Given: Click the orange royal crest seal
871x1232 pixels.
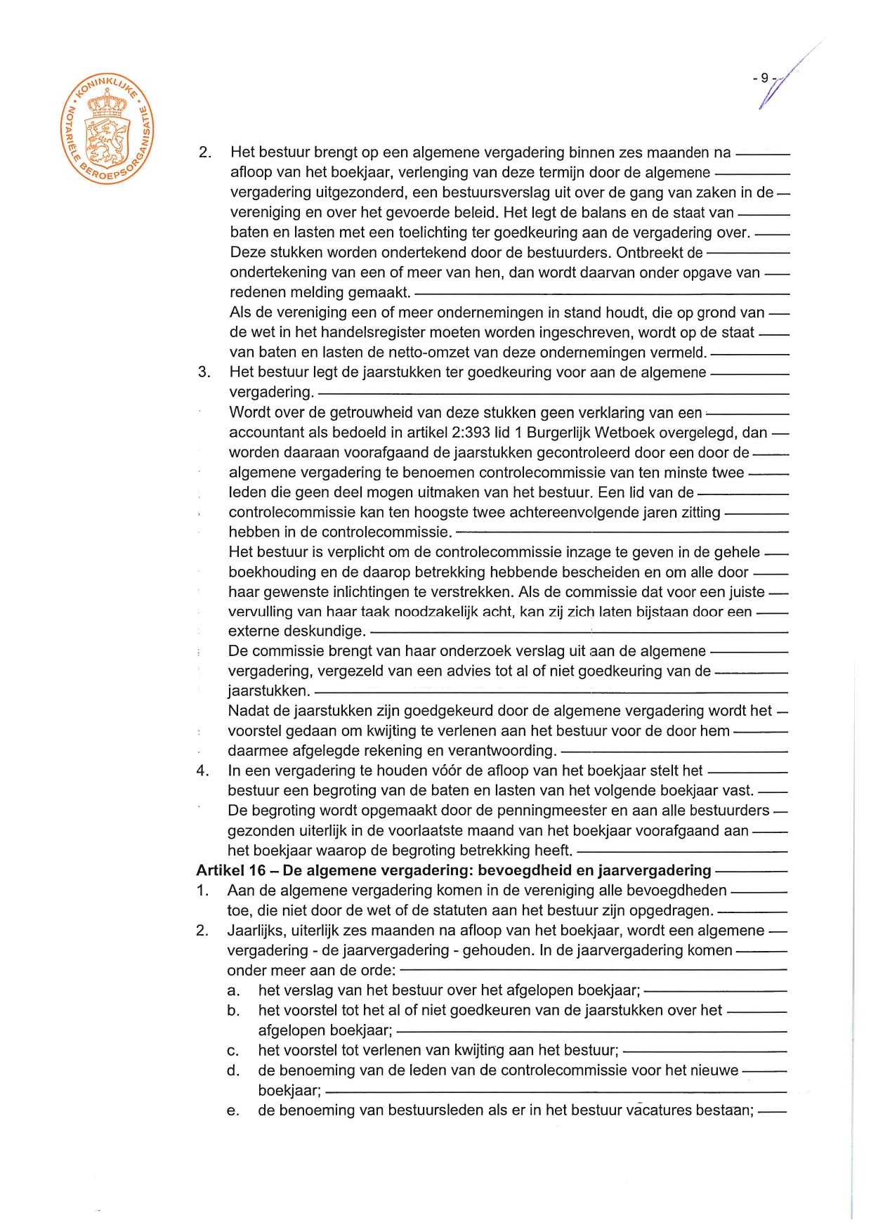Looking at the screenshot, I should (x=107, y=131).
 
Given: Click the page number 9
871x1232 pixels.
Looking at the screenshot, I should (x=765, y=79).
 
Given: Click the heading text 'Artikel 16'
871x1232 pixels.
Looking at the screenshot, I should (x=231, y=871).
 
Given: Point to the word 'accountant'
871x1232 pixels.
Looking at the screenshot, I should (x=266, y=433).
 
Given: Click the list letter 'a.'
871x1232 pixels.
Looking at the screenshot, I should (x=234, y=991).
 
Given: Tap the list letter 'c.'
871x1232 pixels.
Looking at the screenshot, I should (x=234, y=1051).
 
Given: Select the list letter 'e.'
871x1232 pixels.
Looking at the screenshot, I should (x=234, y=1110).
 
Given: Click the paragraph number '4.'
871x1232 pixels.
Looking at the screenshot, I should (x=203, y=771).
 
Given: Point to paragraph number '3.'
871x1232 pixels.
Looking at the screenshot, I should (x=204, y=372).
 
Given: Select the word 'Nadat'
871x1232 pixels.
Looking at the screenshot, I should (x=249, y=711).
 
